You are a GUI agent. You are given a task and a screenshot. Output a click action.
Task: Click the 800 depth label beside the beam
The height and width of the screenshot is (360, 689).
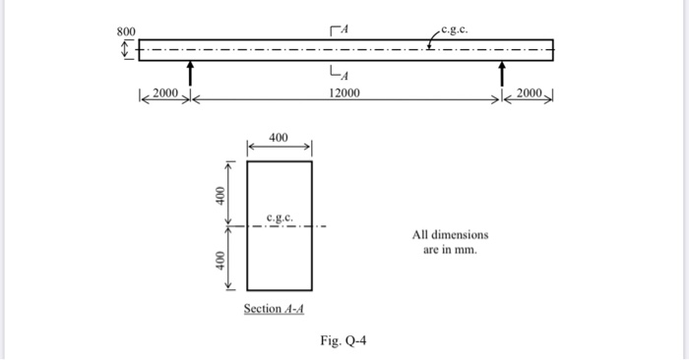(x=127, y=31)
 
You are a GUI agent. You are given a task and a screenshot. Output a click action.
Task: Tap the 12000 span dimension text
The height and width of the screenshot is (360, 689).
(x=344, y=93)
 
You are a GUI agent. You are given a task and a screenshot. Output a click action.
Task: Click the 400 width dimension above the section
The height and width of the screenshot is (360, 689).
(x=279, y=137)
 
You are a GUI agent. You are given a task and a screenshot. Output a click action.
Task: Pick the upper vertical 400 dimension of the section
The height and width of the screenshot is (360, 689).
(x=223, y=194)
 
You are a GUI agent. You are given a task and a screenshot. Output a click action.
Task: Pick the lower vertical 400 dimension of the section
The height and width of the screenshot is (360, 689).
(x=223, y=261)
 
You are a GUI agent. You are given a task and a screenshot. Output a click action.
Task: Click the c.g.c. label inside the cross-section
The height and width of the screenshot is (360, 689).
(x=279, y=216)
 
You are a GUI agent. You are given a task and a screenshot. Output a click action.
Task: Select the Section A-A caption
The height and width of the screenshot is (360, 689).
(x=275, y=308)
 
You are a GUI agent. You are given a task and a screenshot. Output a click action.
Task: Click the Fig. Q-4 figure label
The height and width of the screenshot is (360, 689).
(x=344, y=341)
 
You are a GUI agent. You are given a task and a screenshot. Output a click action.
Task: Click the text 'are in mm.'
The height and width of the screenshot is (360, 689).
(x=450, y=251)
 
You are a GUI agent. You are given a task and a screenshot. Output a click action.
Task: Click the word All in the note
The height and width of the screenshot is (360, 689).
(x=420, y=235)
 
